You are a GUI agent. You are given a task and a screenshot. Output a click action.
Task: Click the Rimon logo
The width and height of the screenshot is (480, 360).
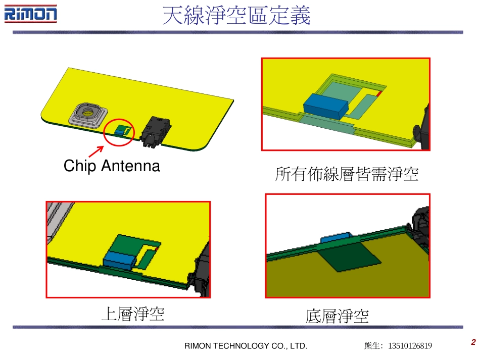30,14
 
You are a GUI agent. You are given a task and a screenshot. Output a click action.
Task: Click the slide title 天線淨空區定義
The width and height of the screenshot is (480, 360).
236,15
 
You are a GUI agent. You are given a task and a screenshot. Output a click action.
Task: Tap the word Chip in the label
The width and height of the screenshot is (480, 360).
79,166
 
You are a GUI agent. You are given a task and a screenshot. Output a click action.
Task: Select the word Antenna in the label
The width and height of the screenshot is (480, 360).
131,166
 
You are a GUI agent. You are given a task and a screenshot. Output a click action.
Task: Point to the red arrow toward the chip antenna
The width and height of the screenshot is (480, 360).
96,151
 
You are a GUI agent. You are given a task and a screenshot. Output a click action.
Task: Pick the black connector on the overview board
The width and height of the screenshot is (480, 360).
155,131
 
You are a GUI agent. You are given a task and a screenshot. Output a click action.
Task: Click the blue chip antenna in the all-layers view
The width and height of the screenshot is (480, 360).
326,106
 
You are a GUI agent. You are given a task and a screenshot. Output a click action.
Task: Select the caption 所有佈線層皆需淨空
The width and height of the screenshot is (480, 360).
347,174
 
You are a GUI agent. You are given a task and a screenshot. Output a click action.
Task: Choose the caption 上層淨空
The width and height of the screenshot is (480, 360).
133,314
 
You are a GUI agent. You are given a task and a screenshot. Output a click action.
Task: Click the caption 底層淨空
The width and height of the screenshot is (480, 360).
337,316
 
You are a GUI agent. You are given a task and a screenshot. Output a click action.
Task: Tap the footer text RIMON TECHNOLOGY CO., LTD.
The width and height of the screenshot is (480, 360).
246,346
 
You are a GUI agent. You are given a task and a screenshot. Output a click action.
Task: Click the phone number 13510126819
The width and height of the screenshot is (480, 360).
410,346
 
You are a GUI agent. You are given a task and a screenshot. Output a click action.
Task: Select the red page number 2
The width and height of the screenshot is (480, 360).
473,342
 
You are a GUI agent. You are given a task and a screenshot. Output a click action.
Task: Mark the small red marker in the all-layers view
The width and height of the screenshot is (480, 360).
379,93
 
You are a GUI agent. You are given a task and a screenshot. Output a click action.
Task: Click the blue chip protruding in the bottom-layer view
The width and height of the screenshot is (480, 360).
337,237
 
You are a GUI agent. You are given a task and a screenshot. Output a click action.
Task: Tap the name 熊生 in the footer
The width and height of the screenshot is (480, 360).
371,346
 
